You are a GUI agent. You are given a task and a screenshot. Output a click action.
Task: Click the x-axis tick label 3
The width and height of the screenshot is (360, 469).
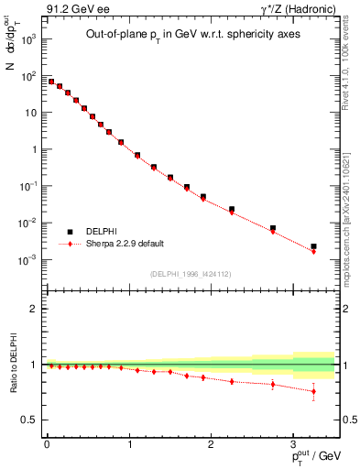(293, 444)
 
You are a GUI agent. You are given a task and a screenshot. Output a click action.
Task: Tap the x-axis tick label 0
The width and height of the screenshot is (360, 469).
(47, 444)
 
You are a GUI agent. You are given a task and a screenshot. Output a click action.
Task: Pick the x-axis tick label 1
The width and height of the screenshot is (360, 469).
(129, 444)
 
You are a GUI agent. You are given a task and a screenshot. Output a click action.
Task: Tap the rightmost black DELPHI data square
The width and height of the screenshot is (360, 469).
(313, 246)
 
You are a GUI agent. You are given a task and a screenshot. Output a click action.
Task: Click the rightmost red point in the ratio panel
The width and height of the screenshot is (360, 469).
(313, 391)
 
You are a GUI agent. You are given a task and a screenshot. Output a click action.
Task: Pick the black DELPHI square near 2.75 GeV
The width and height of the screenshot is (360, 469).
(272, 228)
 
